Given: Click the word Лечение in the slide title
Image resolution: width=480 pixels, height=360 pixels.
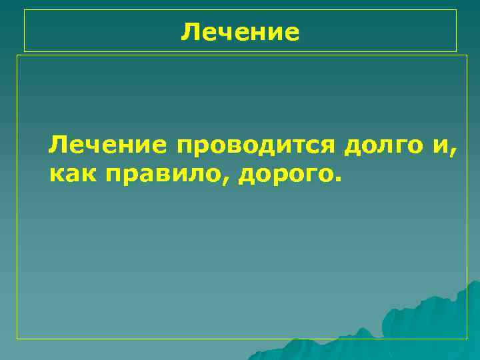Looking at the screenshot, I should [x=240, y=31].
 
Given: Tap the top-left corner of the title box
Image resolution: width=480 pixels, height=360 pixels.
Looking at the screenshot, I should [x=25, y=10].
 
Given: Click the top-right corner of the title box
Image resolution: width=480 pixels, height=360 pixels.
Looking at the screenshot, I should [x=456, y=10].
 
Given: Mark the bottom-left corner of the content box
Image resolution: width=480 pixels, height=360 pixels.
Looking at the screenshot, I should [x=17, y=339].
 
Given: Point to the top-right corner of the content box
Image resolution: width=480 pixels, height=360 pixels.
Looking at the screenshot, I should [x=467, y=55].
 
